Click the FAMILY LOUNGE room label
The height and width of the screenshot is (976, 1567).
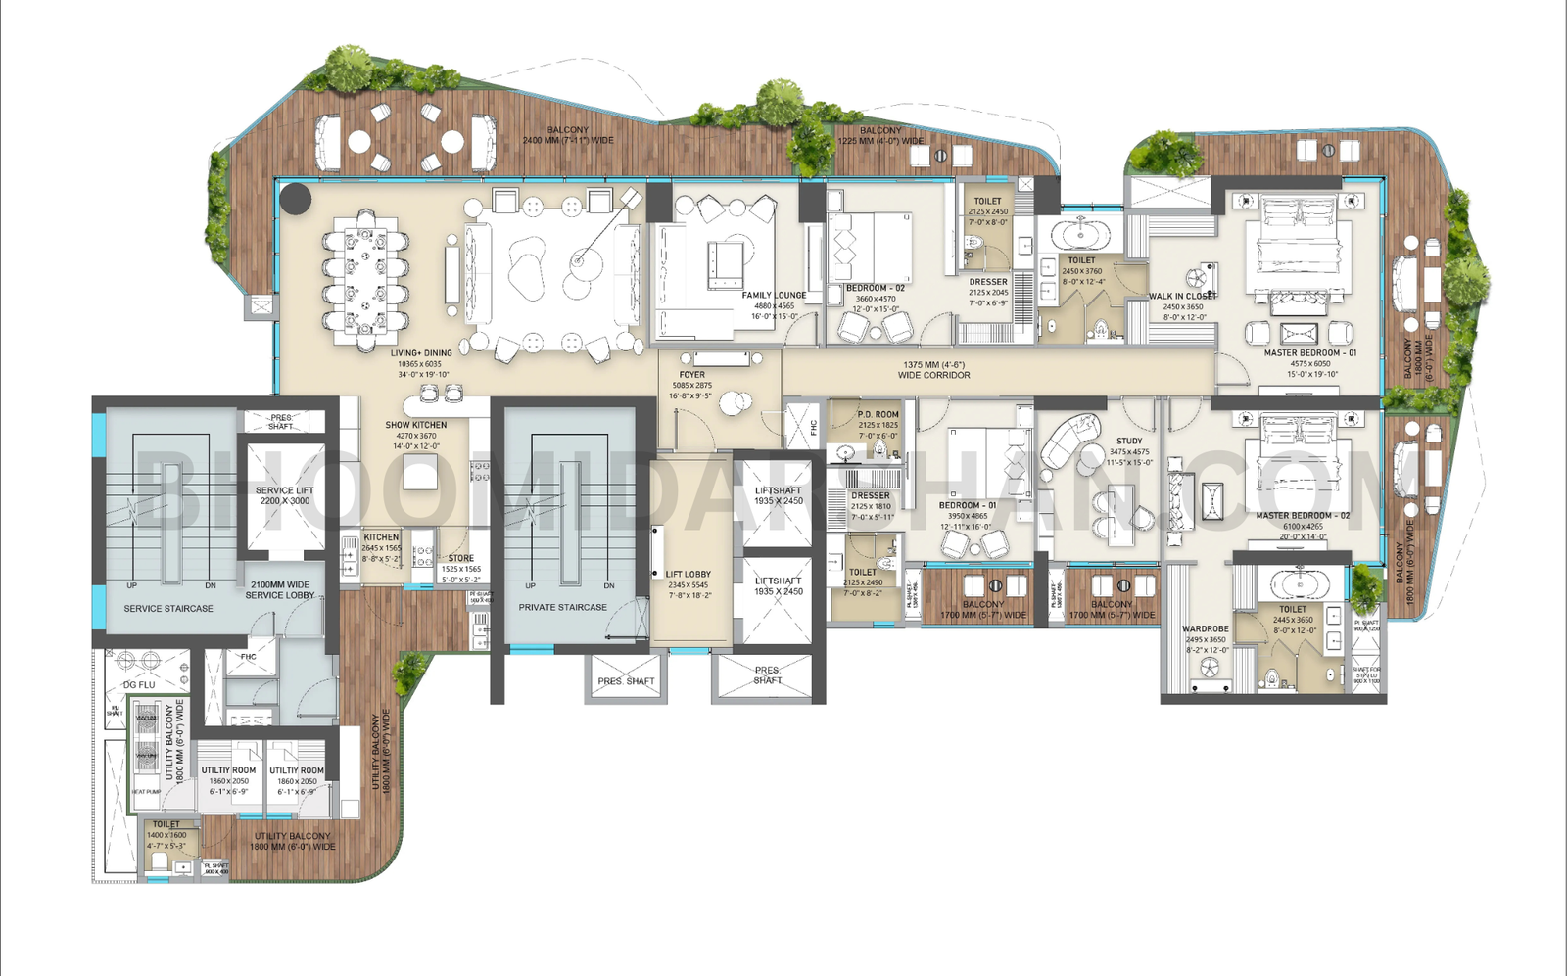click(774, 295)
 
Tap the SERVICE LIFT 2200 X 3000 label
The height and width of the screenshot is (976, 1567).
click(285, 495)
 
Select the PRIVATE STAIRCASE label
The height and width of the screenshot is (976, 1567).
click(562, 607)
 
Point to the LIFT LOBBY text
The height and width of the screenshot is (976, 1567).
click(689, 575)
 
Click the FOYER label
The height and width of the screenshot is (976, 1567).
click(692, 375)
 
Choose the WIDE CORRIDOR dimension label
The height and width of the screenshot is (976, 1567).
click(933, 370)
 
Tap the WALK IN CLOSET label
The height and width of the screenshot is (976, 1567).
click(1183, 296)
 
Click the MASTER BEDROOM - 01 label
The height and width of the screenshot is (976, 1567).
click(1310, 353)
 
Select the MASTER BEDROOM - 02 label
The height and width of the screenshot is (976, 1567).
click(1303, 516)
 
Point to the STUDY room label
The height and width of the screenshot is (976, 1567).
click(1129, 442)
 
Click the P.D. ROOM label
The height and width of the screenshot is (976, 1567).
click(878, 414)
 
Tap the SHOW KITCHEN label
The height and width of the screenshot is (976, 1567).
click(416, 425)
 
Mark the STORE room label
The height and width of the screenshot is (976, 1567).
click(461, 558)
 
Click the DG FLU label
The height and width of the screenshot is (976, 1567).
click(139, 685)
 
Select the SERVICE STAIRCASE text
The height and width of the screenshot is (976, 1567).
click(168, 609)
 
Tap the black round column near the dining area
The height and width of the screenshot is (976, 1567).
click(295, 199)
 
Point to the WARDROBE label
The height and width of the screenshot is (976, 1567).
click(1205, 629)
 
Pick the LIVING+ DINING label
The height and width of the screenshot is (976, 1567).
click(421, 353)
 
